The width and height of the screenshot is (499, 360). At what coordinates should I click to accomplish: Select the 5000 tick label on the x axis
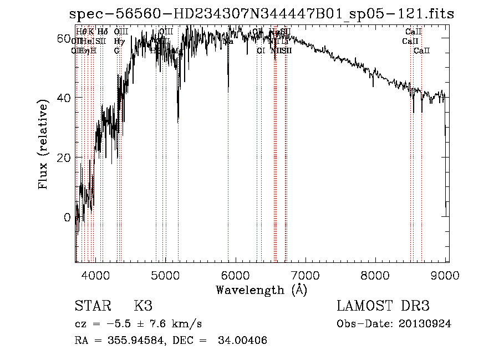tap(165, 274)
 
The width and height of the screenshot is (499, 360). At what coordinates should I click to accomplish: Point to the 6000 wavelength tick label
tap(236, 274)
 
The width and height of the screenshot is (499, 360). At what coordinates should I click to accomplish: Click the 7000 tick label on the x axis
tap(305, 274)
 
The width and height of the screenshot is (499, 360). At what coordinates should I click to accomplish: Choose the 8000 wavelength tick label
tap(376, 274)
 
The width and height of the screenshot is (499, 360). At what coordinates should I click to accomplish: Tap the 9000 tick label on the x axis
tap(446, 274)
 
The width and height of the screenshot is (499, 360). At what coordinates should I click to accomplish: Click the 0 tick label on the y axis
tap(67, 217)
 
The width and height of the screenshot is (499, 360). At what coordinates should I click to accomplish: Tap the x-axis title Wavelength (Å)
tap(261, 290)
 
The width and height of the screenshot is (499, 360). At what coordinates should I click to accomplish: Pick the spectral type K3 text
tap(143, 306)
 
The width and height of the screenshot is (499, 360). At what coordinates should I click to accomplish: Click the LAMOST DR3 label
tap(383, 306)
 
